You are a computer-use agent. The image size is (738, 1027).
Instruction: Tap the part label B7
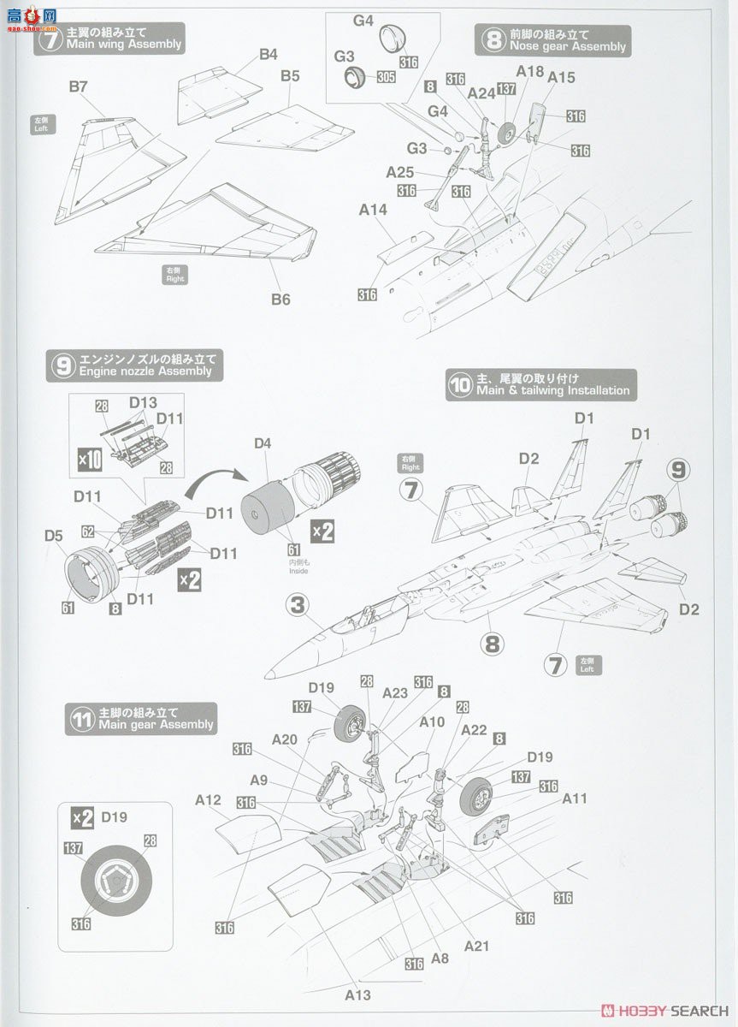pyautogui.click(x=79, y=87)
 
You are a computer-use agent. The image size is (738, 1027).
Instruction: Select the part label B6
pyautogui.click(x=280, y=299)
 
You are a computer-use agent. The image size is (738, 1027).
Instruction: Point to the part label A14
pyautogui.click(x=373, y=210)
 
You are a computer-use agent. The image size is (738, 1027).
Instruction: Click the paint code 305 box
pyautogui.click(x=386, y=76)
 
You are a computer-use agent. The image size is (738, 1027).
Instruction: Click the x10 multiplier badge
pyautogui.click(x=90, y=460)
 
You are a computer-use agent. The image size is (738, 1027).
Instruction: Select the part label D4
pyautogui.click(x=263, y=443)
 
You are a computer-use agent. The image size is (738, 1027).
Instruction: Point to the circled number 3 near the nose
pyautogui.click(x=296, y=606)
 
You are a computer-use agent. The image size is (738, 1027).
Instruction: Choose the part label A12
pyautogui.click(x=208, y=800)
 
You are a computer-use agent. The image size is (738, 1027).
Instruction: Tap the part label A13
pyautogui.click(x=357, y=994)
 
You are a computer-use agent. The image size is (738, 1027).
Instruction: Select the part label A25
pyautogui.click(x=399, y=172)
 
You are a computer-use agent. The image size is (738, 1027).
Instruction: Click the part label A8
pyautogui.click(x=440, y=959)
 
